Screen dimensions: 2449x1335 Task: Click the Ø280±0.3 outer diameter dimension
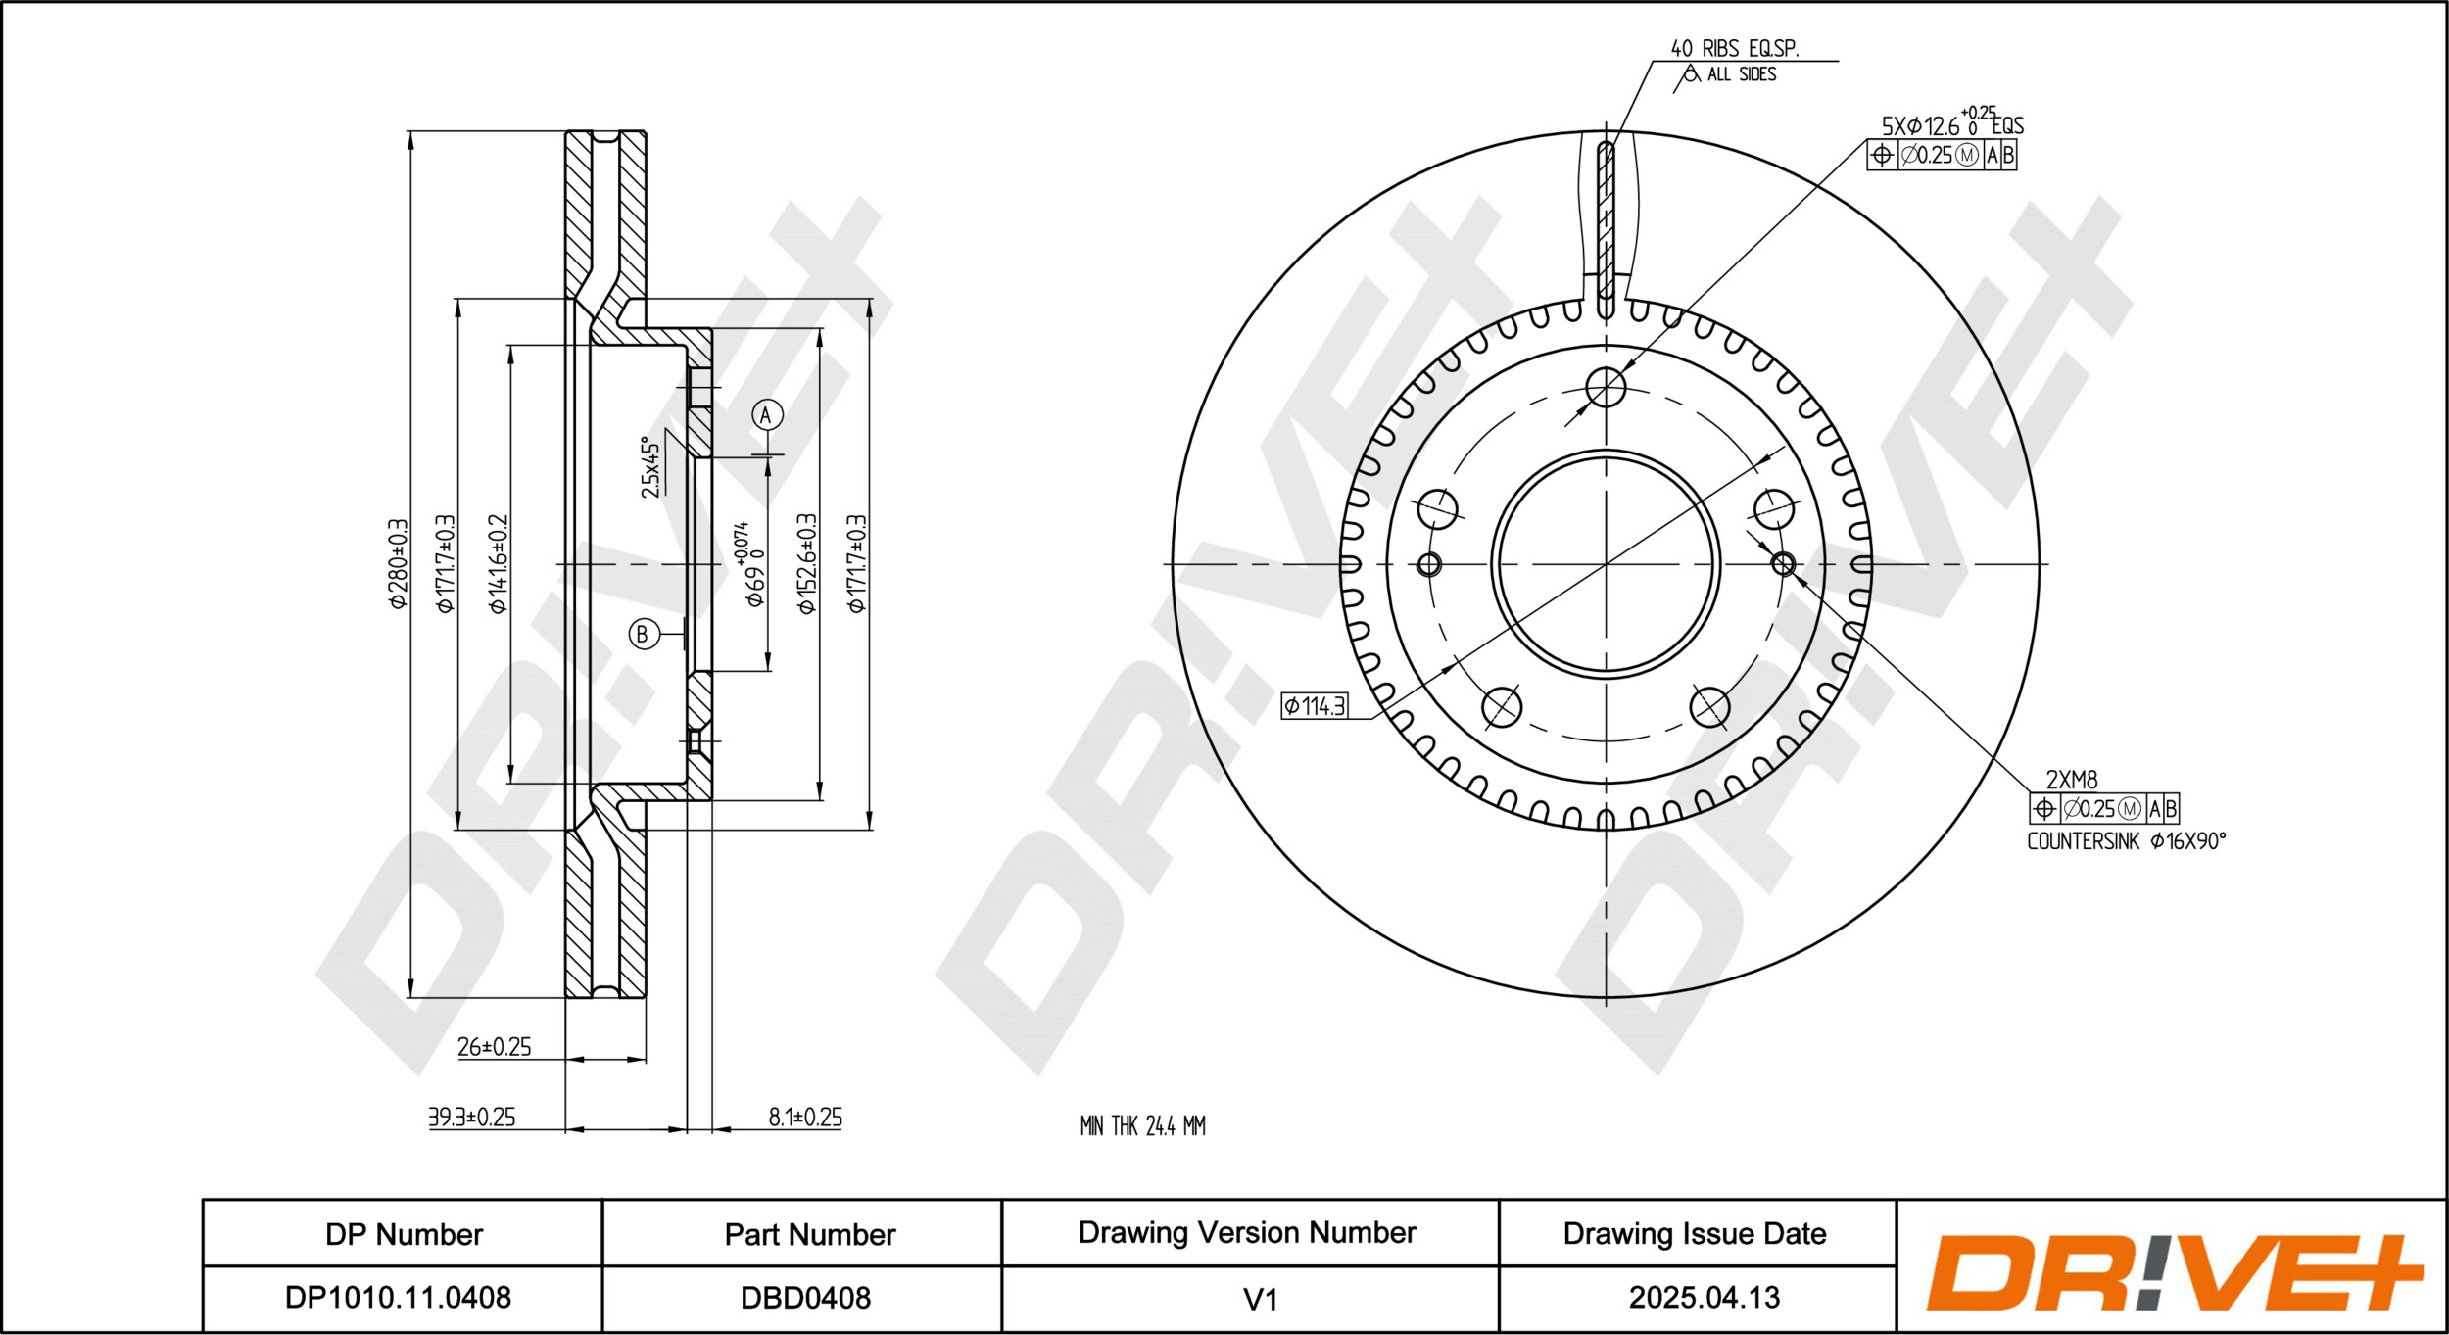[398, 563]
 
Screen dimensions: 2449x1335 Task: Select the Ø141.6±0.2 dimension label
[498, 564]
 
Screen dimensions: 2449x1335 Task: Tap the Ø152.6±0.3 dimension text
[806, 564]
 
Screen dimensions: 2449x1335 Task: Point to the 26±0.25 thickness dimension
[494, 1047]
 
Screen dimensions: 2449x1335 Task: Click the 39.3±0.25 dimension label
[471, 1118]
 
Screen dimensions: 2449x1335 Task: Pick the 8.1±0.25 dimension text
[805, 1118]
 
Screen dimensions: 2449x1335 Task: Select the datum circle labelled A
[767, 415]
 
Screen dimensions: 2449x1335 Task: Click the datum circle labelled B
[644, 634]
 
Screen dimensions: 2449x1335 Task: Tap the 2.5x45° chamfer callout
[650, 467]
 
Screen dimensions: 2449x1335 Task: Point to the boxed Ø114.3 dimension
[1315, 705]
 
